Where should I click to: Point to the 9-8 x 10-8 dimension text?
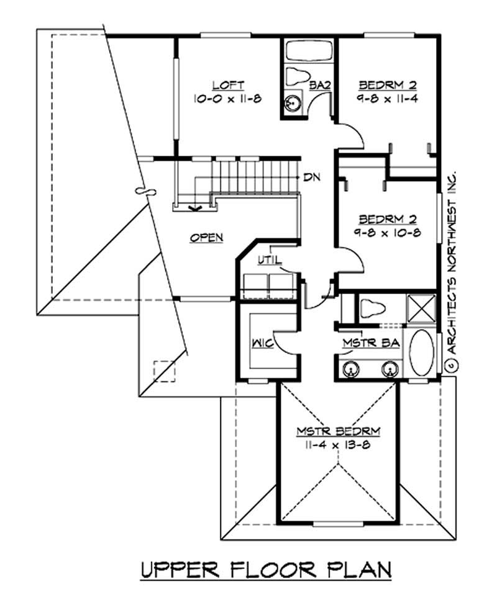pos(382,232)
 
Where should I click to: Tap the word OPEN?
pos(207,238)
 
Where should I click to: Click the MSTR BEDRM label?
pos(338,432)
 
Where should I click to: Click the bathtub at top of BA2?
pos(309,51)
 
